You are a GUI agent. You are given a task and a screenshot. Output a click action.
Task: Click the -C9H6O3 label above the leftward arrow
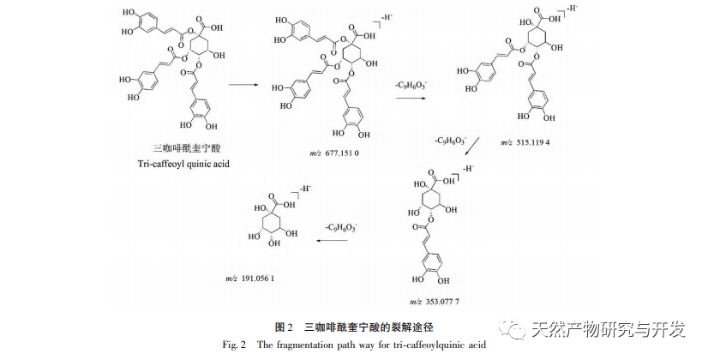pos(340,227)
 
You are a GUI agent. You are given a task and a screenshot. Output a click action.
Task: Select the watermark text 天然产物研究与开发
pos(609,330)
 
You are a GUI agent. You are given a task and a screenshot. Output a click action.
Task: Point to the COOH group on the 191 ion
pos(280,195)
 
